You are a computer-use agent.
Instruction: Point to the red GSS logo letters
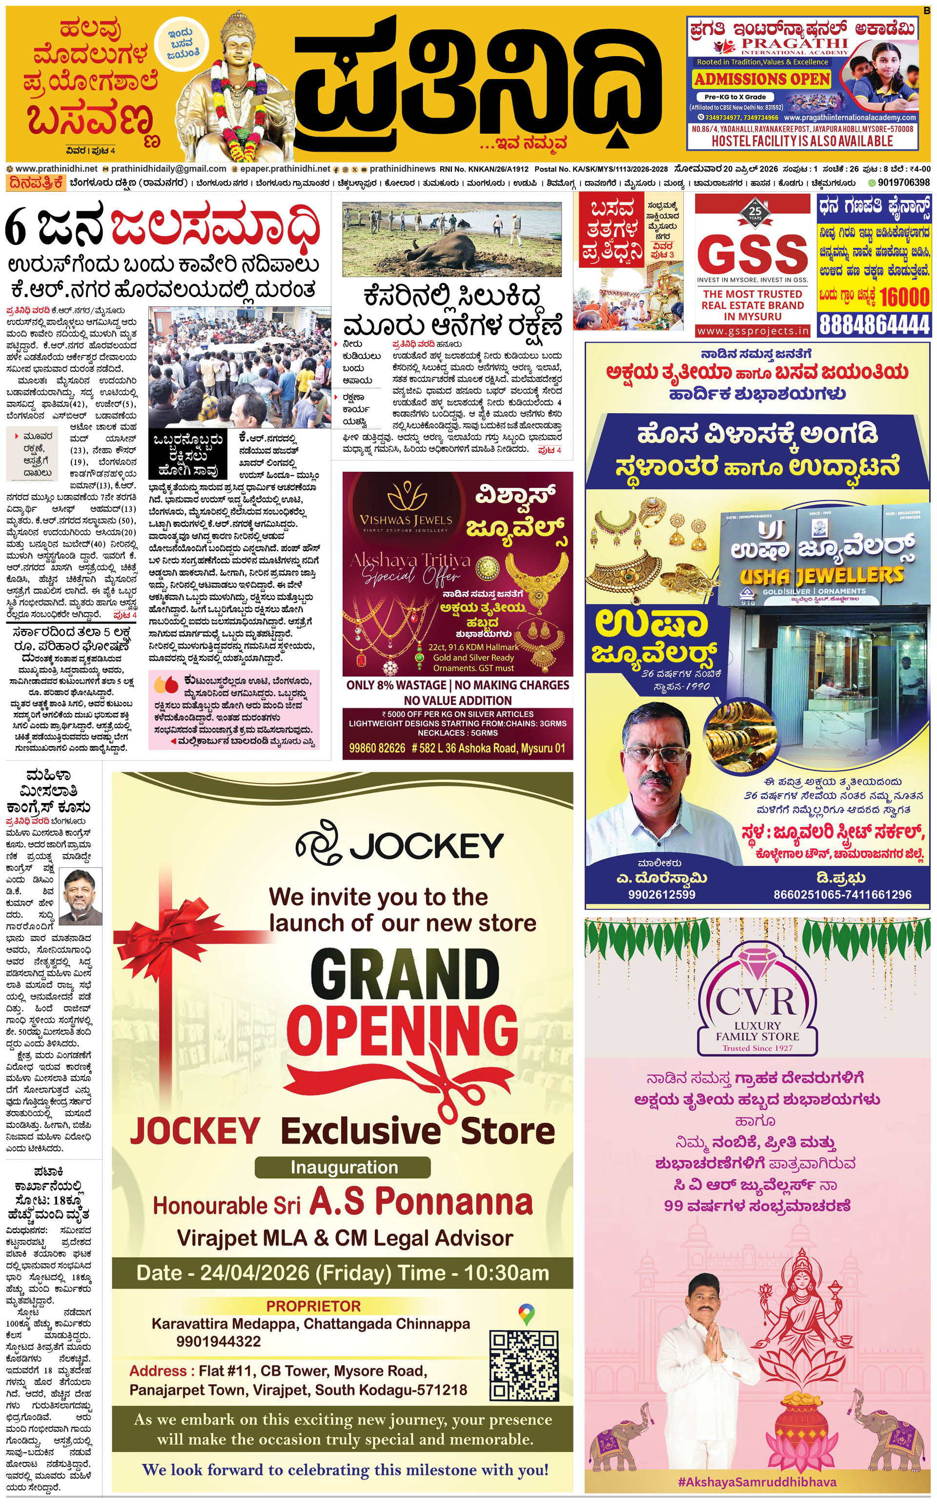point(753,253)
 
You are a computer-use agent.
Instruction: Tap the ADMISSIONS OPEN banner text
point(762,80)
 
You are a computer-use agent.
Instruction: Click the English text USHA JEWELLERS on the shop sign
point(821,576)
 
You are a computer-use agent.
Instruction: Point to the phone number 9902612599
point(661,895)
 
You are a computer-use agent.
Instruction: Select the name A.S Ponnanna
point(421,1202)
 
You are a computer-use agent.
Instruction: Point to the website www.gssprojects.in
point(753,331)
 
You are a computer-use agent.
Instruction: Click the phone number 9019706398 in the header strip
point(903,183)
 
